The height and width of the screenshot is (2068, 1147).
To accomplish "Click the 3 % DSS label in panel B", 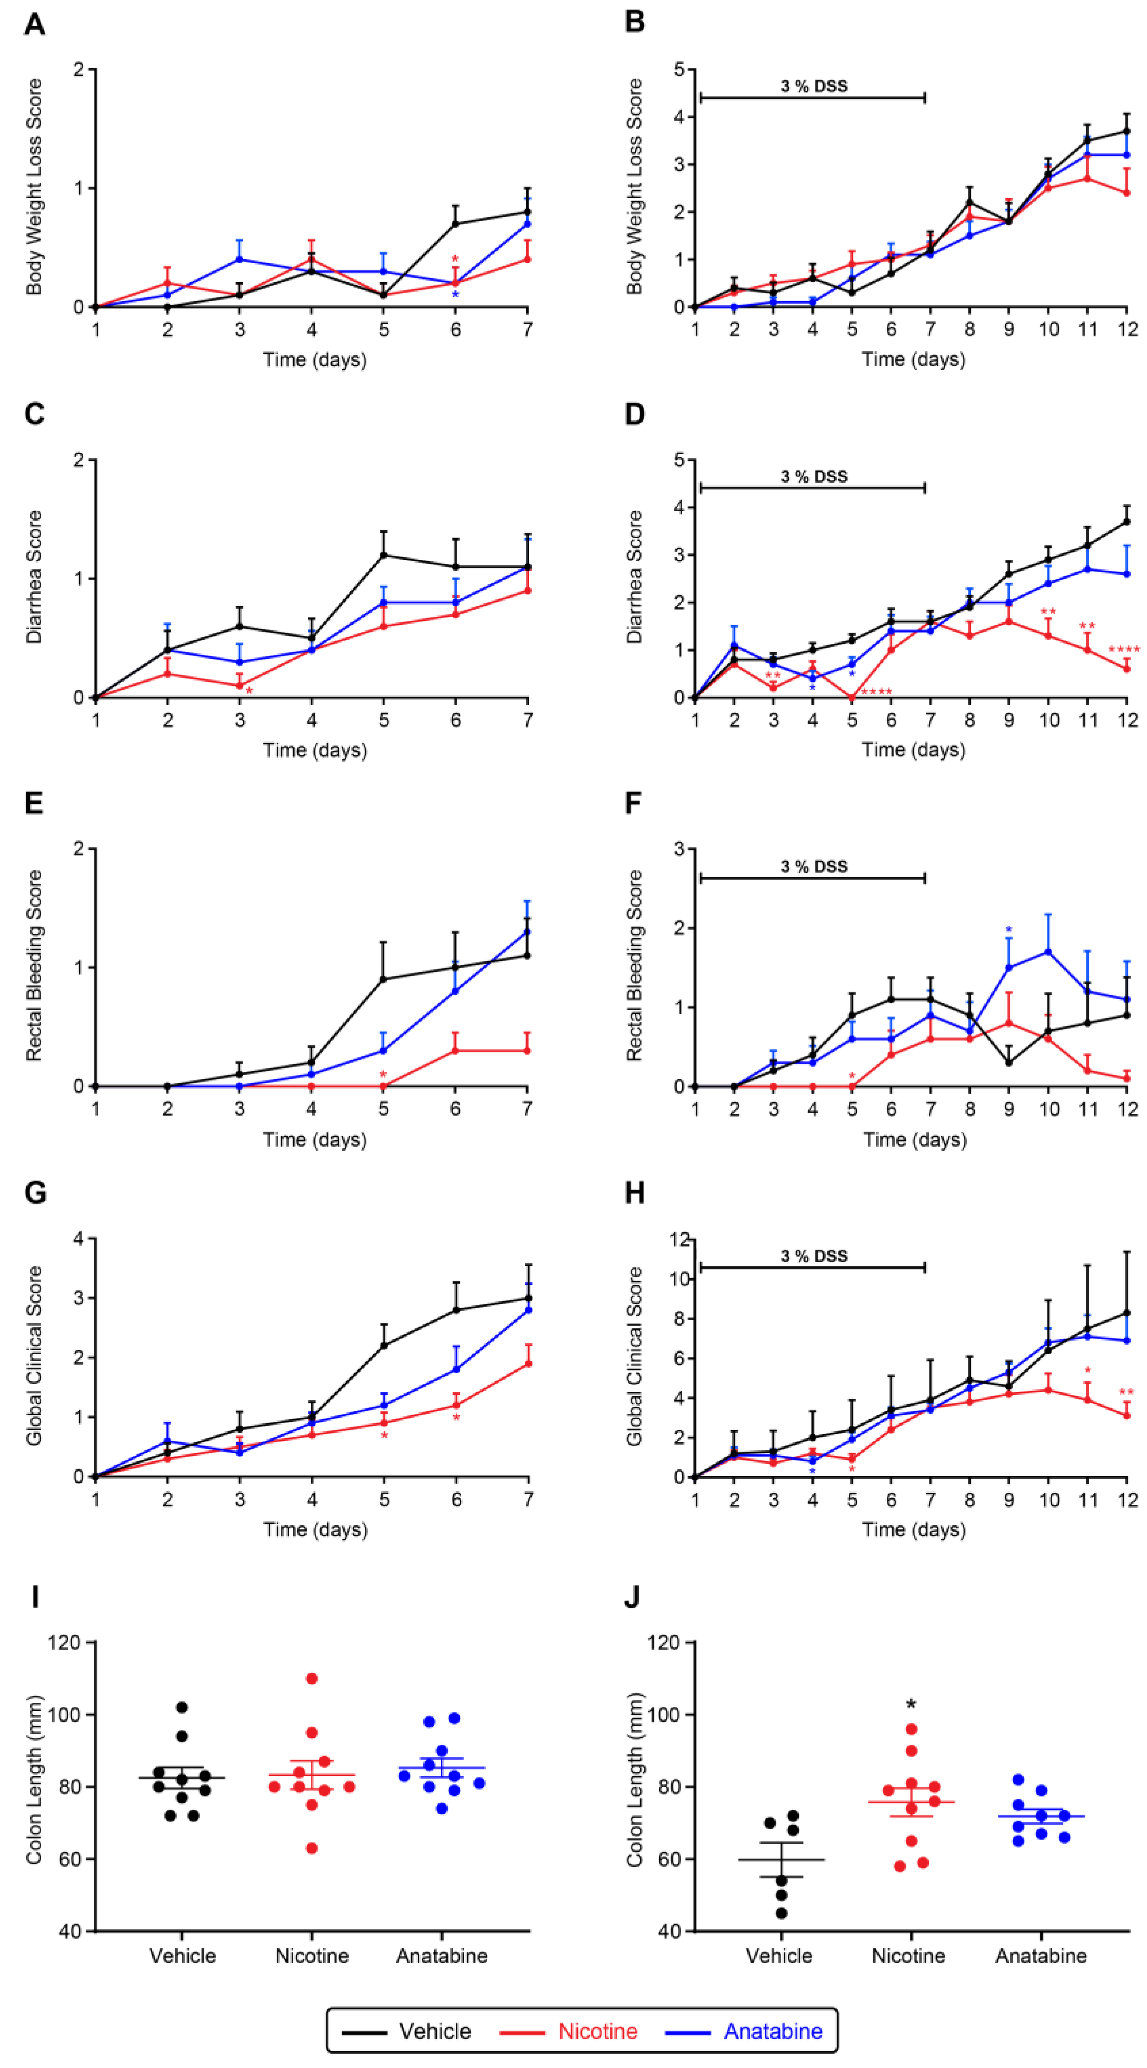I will [x=814, y=86].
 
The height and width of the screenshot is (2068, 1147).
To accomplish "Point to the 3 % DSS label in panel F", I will [x=814, y=866].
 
